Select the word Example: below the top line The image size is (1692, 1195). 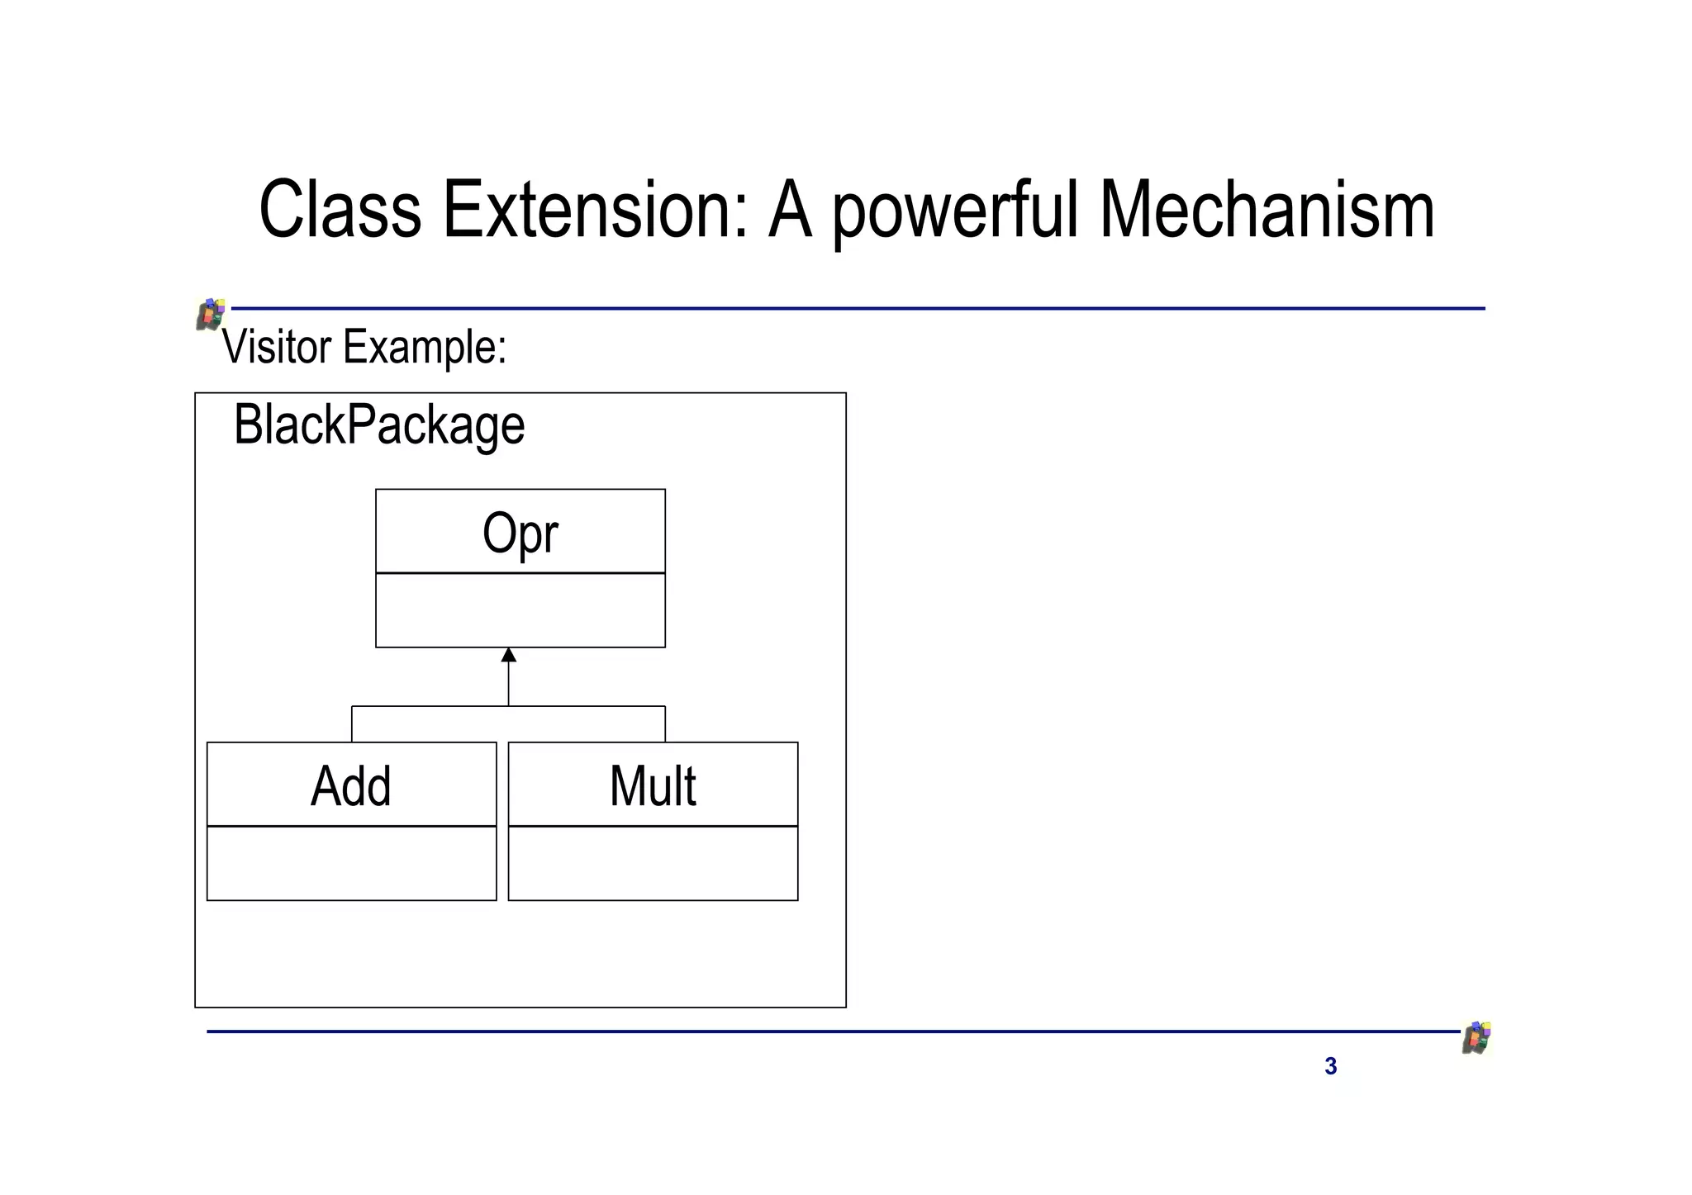[425, 348]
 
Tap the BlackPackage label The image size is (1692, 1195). [379, 425]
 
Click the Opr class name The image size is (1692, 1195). [520, 533]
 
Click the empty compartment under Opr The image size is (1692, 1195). [520, 610]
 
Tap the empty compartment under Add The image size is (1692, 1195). [351, 863]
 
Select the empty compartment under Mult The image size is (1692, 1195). [653, 863]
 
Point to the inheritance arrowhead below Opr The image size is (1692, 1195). [509, 655]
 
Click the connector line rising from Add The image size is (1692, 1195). [352, 724]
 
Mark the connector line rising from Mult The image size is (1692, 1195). [665, 724]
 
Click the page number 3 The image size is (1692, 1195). [1330, 1066]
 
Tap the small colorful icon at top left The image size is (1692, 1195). [211, 314]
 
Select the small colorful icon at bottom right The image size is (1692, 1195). [1476, 1037]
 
